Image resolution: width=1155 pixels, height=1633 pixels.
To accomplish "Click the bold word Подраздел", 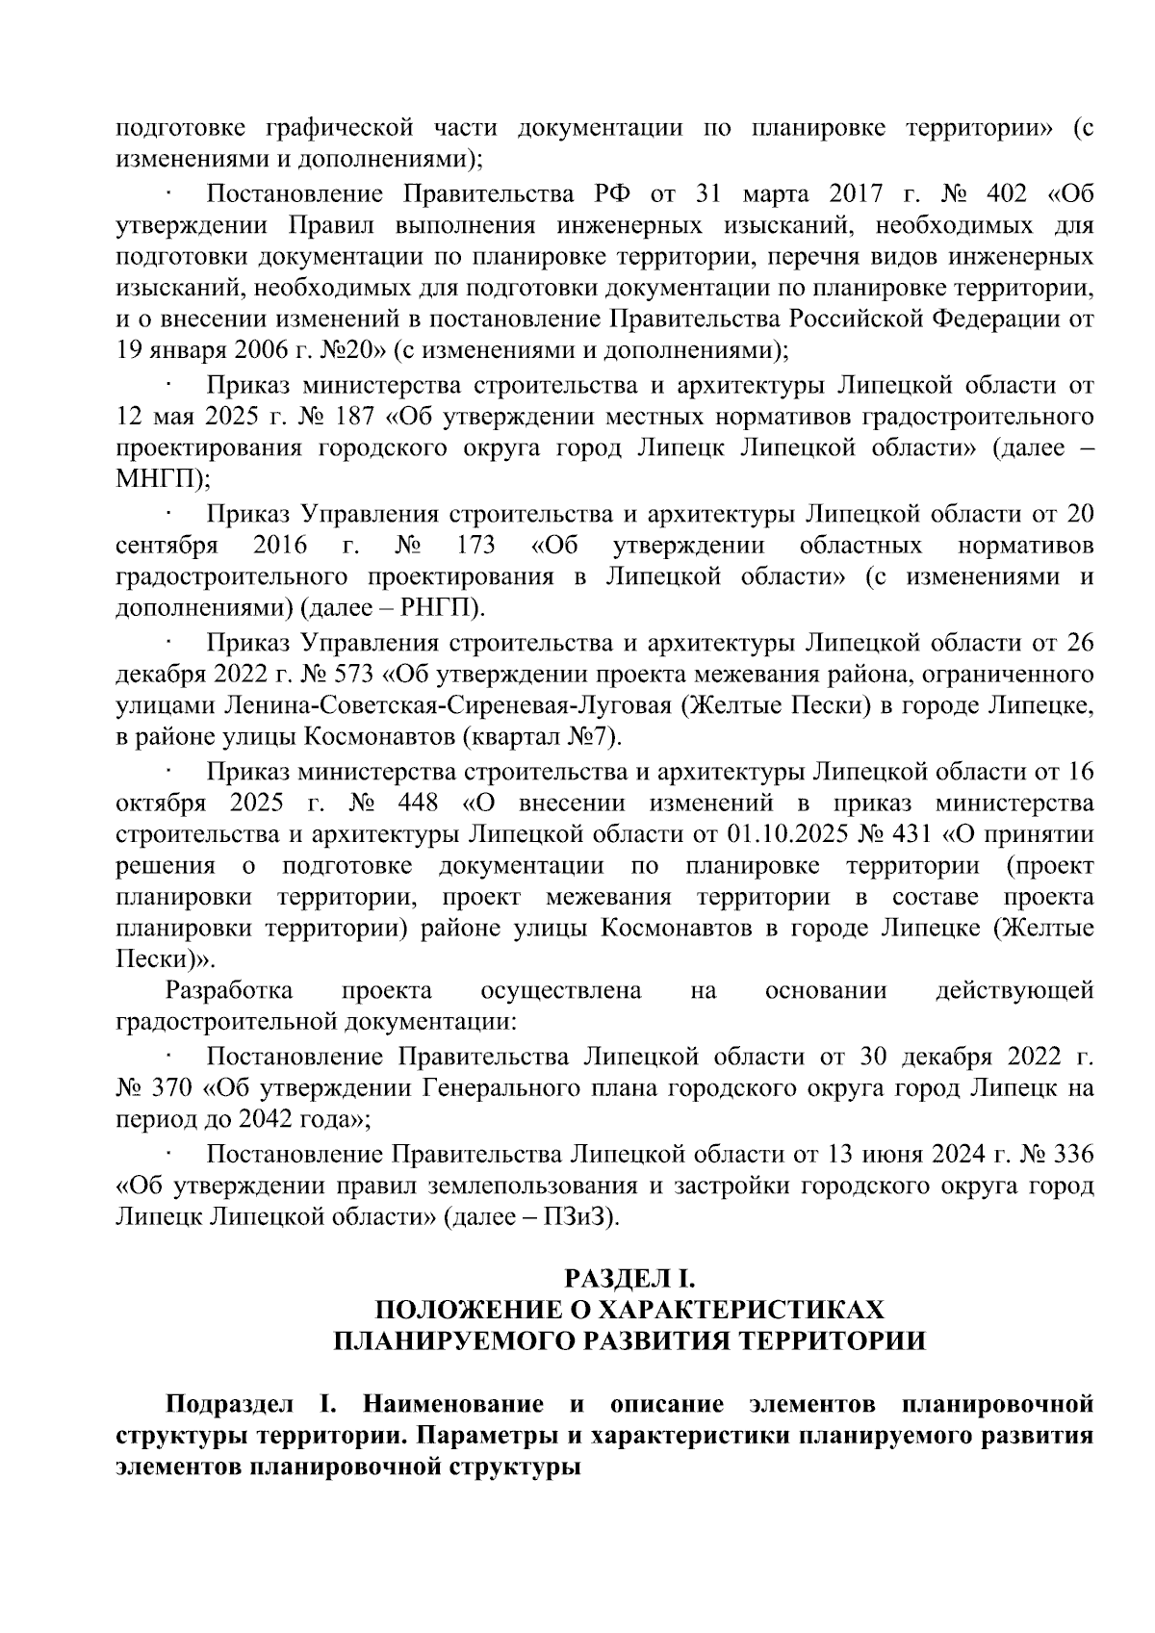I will [223, 1402].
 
